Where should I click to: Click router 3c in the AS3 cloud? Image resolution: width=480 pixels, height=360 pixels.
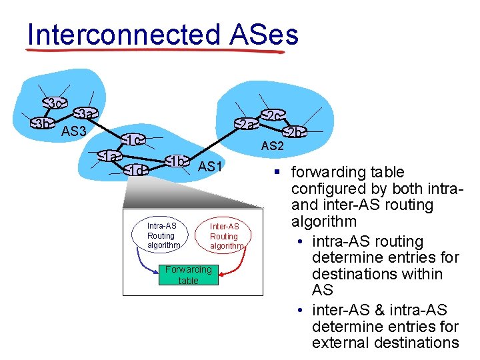55,103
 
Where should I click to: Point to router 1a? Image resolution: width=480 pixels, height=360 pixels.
110,157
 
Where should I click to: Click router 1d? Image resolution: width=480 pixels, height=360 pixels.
135,170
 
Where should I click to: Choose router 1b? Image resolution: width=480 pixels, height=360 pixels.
177,162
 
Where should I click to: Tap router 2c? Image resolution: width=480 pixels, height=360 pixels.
272,116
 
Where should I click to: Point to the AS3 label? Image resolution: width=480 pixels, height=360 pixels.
73,131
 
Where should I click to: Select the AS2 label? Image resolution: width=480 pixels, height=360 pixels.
272,146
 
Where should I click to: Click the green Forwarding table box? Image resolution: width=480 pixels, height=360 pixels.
188,275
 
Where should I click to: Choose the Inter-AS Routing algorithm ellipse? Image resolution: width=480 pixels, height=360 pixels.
224,236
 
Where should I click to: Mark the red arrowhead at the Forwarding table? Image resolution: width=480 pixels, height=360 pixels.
221,273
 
